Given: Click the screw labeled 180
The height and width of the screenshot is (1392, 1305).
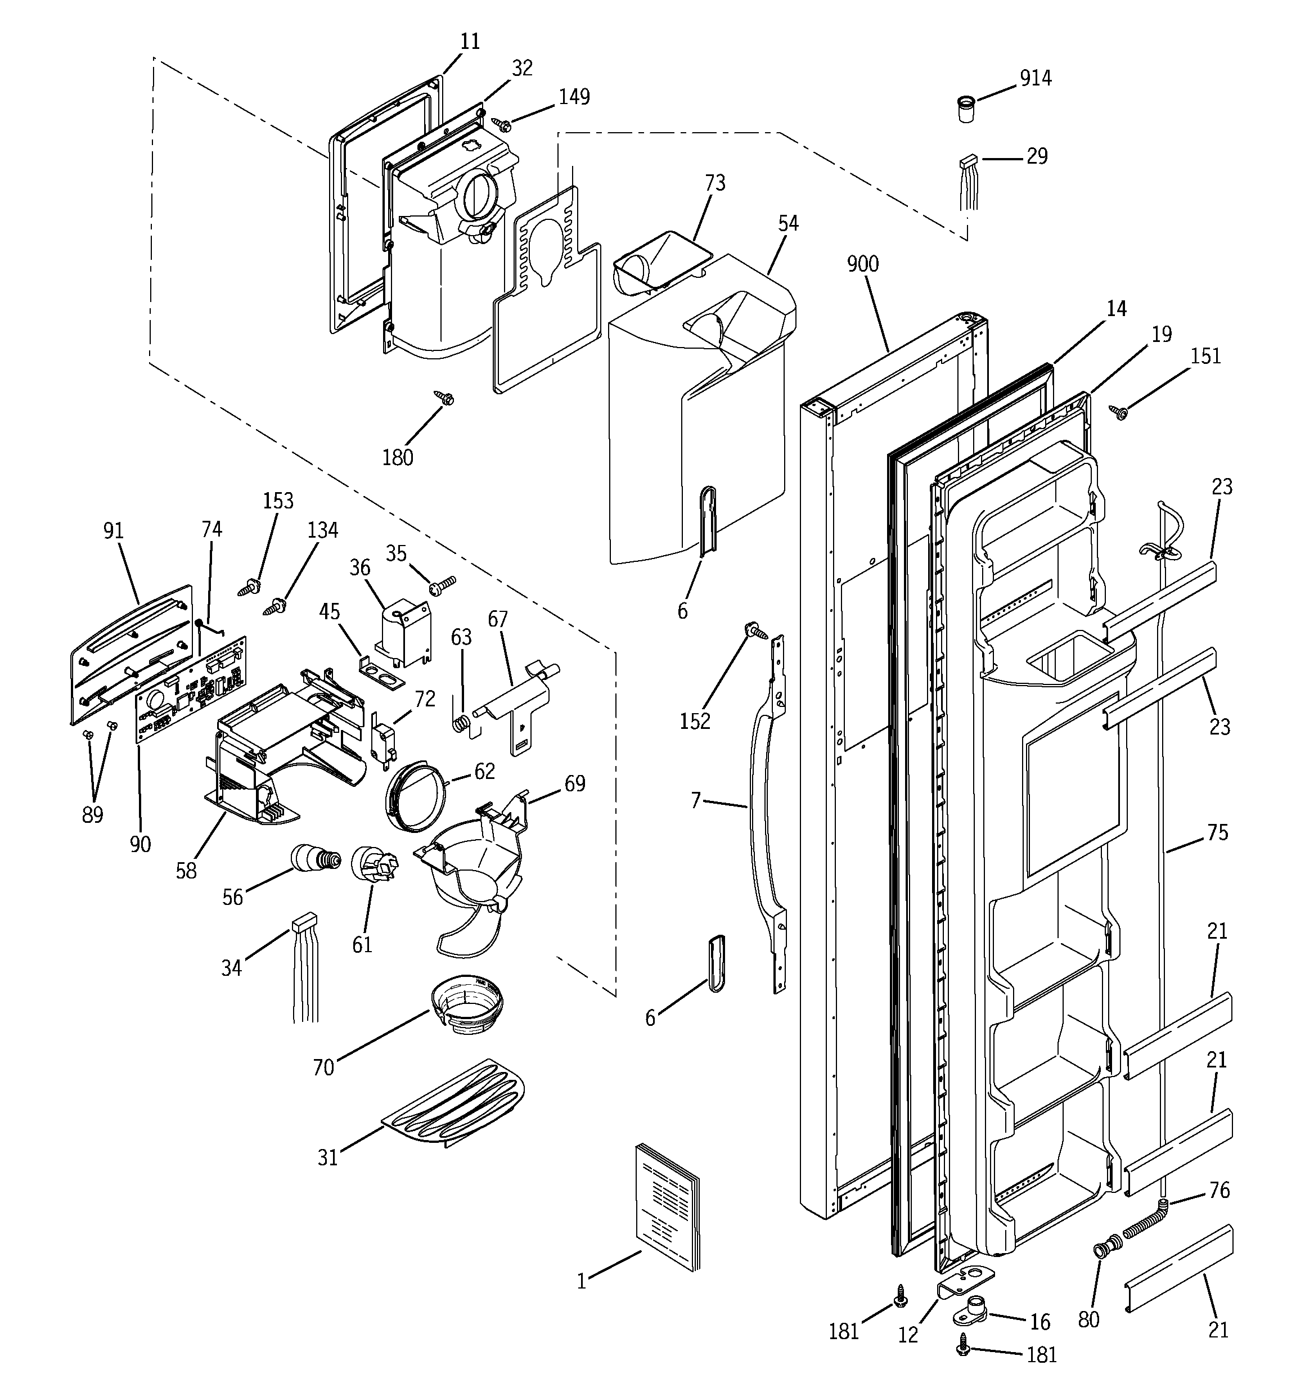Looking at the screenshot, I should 444,398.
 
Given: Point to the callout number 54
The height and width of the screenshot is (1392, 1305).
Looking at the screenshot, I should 787,223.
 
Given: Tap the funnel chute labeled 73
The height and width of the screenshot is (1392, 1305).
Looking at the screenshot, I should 659,263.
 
